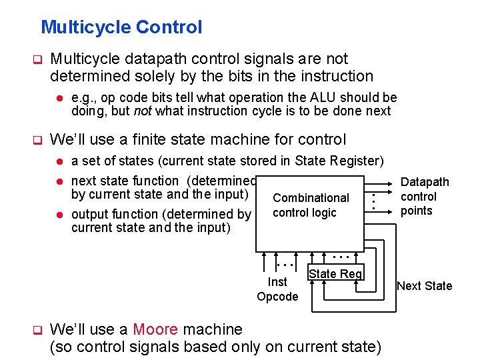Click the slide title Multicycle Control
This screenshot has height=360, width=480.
[121, 27]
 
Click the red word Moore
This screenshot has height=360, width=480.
[155, 329]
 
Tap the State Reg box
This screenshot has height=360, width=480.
[335, 273]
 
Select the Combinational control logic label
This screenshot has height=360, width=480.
[310, 205]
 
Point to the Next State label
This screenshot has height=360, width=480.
[424, 286]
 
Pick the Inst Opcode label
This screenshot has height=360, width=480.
[277, 289]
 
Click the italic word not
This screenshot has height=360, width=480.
[143, 111]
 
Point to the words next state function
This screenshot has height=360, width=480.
[125, 181]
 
